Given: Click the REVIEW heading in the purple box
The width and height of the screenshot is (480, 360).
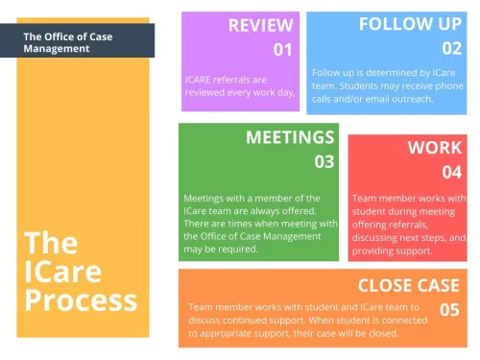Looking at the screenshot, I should point(260,26).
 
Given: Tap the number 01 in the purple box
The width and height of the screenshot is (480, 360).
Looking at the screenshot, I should point(281,50).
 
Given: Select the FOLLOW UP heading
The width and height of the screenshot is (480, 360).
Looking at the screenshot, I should point(411,24).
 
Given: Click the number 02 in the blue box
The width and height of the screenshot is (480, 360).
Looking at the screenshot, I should point(451,48).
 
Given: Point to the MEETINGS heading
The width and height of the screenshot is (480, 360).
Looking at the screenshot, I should point(290,137).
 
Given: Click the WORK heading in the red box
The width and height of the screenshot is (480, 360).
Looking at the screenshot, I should point(434,149).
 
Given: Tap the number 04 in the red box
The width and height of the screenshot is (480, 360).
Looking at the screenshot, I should point(451,173).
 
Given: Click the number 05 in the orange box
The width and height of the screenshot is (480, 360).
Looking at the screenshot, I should point(449,309).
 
